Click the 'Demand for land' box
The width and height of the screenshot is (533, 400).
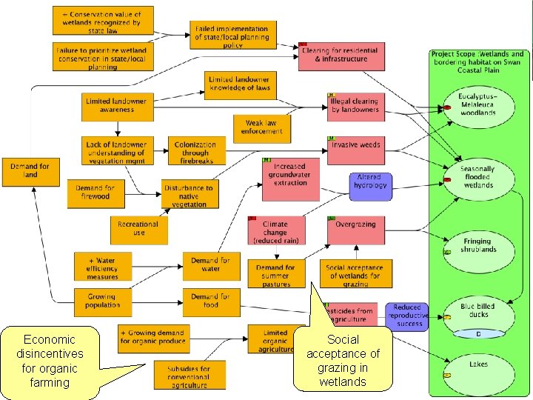[30, 171]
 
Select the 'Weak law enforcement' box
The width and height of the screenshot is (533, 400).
[261, 127]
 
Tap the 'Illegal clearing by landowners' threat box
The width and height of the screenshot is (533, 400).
[355, 106]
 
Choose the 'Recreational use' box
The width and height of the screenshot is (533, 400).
[138, 229]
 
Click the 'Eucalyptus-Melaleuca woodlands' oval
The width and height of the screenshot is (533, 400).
[477, 105]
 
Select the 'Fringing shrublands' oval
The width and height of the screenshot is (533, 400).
[477, 245]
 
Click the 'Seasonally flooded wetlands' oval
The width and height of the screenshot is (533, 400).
[477, 177]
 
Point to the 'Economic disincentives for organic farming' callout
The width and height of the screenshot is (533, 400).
[50, 361]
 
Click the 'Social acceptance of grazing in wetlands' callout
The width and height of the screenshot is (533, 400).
[342, 360]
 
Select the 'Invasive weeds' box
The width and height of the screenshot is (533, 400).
[355, 146]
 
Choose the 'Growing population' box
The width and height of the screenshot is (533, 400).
[102, 301]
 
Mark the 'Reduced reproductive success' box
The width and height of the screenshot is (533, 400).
[406, 316]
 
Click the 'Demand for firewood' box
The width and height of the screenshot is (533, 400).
[95, 193]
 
